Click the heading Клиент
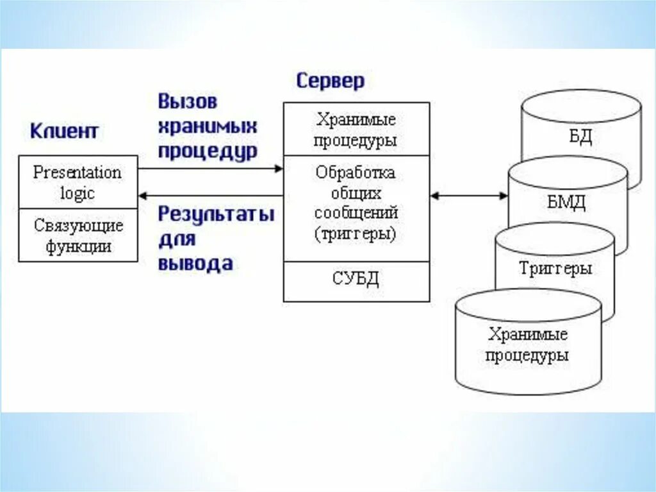point(64,131)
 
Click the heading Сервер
point(331,81)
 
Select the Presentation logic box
point(78,183)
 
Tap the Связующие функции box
point(78,235)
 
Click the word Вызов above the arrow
point(188,101)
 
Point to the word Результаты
point(216,214)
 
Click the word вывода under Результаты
point(195,264)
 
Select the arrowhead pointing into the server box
point(279,169)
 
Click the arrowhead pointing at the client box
point(143,195)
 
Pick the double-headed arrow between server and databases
point(469,195)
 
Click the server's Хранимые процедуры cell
point(356,130)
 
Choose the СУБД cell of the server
point(356,280)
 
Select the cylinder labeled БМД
point(566,203)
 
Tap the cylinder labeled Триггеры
point(555,269)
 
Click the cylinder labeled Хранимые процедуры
point(528,344)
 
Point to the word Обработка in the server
point(356,173)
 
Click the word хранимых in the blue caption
point(208,126)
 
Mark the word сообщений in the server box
point(356,213)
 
